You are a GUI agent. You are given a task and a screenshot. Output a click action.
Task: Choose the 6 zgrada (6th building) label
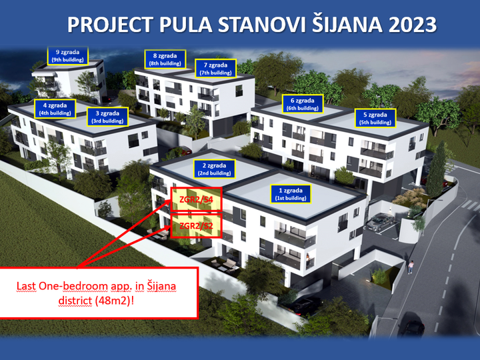click(x=302, y=104)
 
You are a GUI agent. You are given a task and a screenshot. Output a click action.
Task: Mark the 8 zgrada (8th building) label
click(x=163, y=59)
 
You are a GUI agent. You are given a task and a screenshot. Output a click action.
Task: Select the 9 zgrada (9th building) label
click(x=67, y=55)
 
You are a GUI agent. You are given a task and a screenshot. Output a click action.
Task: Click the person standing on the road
click(x=411, y=267)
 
